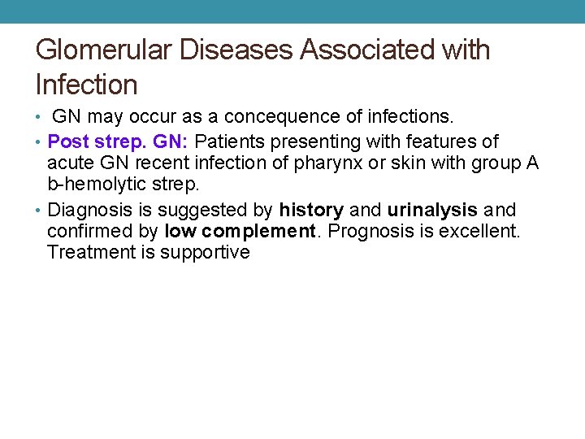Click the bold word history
(312, 210)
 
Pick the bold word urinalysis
(432, 210)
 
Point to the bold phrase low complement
(239, 231)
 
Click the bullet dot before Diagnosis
(40, 210)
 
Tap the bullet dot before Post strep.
(40, 142)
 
